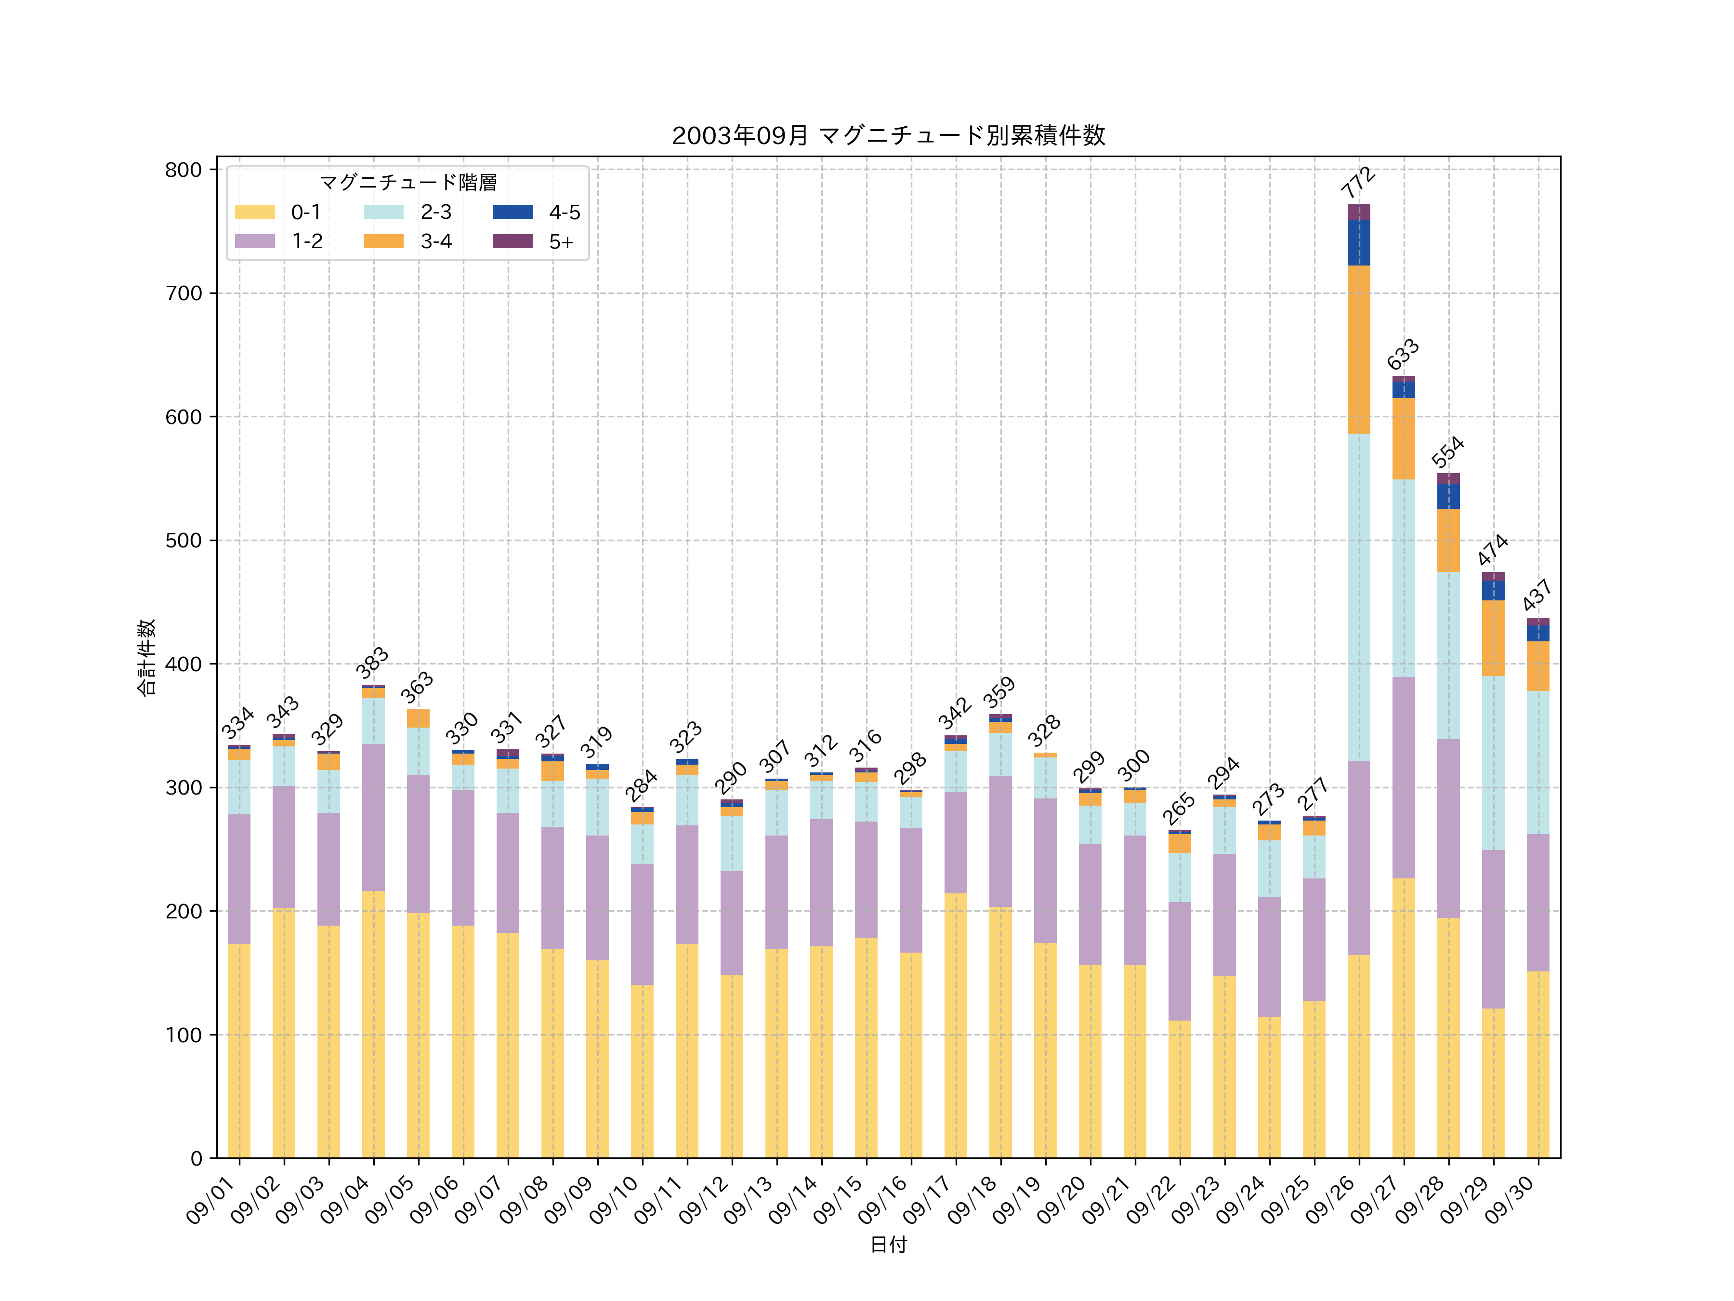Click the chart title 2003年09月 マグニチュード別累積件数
click(x=888, y=136)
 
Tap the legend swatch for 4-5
click(x=512, y=212)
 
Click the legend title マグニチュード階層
click(x=407, y=183)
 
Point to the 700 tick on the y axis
click(x=184, y=293)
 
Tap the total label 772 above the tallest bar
click(x=1358, y=182)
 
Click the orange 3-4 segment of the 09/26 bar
click(x=1358, y=349)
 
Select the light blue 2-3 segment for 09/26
click(x=1358, y=596)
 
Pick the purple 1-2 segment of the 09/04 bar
click(x=373, y=817)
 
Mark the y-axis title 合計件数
click(x=146, y=657)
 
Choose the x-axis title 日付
click(x=888, y=1245)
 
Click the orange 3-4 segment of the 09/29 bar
click(x=1493, y=637)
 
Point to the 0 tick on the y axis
click(x=196, y=1158)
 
